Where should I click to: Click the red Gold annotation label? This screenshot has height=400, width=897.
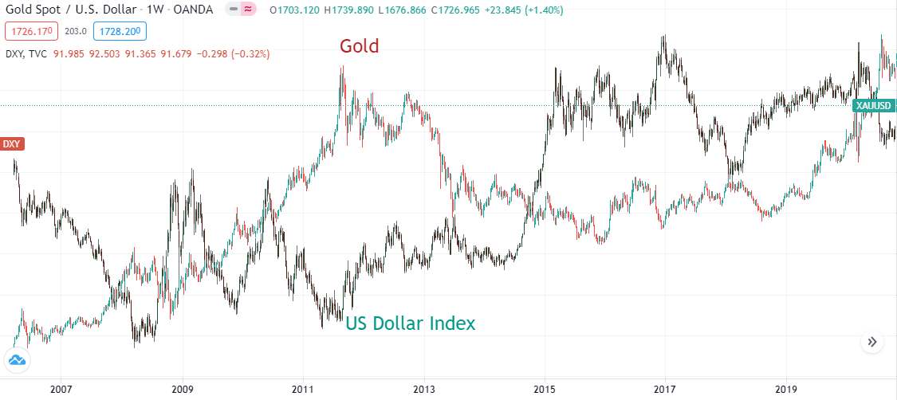tap(359, 46)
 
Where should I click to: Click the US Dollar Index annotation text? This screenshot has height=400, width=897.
tap(410, 324)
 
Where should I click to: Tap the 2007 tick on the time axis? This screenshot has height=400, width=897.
tap(61, 390)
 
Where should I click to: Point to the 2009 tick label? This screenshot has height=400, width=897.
tap(182, 390)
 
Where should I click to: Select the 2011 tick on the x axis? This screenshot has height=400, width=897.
tap(302, 390)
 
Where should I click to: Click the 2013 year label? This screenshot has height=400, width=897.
tap(423, 390)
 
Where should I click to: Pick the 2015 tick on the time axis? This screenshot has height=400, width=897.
tap(544, 390)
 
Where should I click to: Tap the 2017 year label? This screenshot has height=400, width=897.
tap(664, 390)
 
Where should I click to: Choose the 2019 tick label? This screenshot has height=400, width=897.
tap(785, 390)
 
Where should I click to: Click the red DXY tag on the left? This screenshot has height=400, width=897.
tap(12, 144)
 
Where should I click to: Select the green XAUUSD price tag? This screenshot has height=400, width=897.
tap(872, 105)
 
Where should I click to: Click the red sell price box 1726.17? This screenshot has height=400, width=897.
tap(30, 32)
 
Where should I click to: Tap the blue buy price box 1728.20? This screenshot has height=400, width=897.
tap(119, 32)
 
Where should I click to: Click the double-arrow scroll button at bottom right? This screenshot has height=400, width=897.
tap(872, 342)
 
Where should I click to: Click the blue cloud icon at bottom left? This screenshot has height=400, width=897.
tap(17, 361)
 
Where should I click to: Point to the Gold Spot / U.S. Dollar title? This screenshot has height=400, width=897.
tap(73, 10)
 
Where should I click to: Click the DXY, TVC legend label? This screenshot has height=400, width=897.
tap(26, 54)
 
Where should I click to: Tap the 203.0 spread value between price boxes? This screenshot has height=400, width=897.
tap(75, 32)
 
